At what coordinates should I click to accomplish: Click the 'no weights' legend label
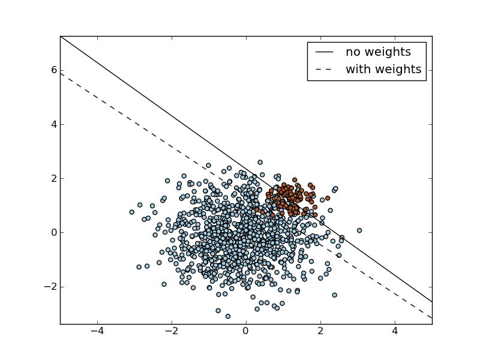[377, 52]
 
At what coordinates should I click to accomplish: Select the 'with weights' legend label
[383, 70]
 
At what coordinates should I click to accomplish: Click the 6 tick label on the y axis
[53, 70]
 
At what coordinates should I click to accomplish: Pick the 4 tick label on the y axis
[53, 124]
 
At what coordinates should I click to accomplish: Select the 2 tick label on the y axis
[53, 178]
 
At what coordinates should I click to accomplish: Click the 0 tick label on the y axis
[53, 232]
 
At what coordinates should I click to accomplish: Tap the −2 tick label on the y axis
[50, 286]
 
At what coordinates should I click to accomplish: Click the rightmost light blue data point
[359, 230]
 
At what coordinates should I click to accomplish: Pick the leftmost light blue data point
[132, 212]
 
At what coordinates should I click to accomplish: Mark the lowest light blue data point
[228, 316]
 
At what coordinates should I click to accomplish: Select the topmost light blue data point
[260, 162]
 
